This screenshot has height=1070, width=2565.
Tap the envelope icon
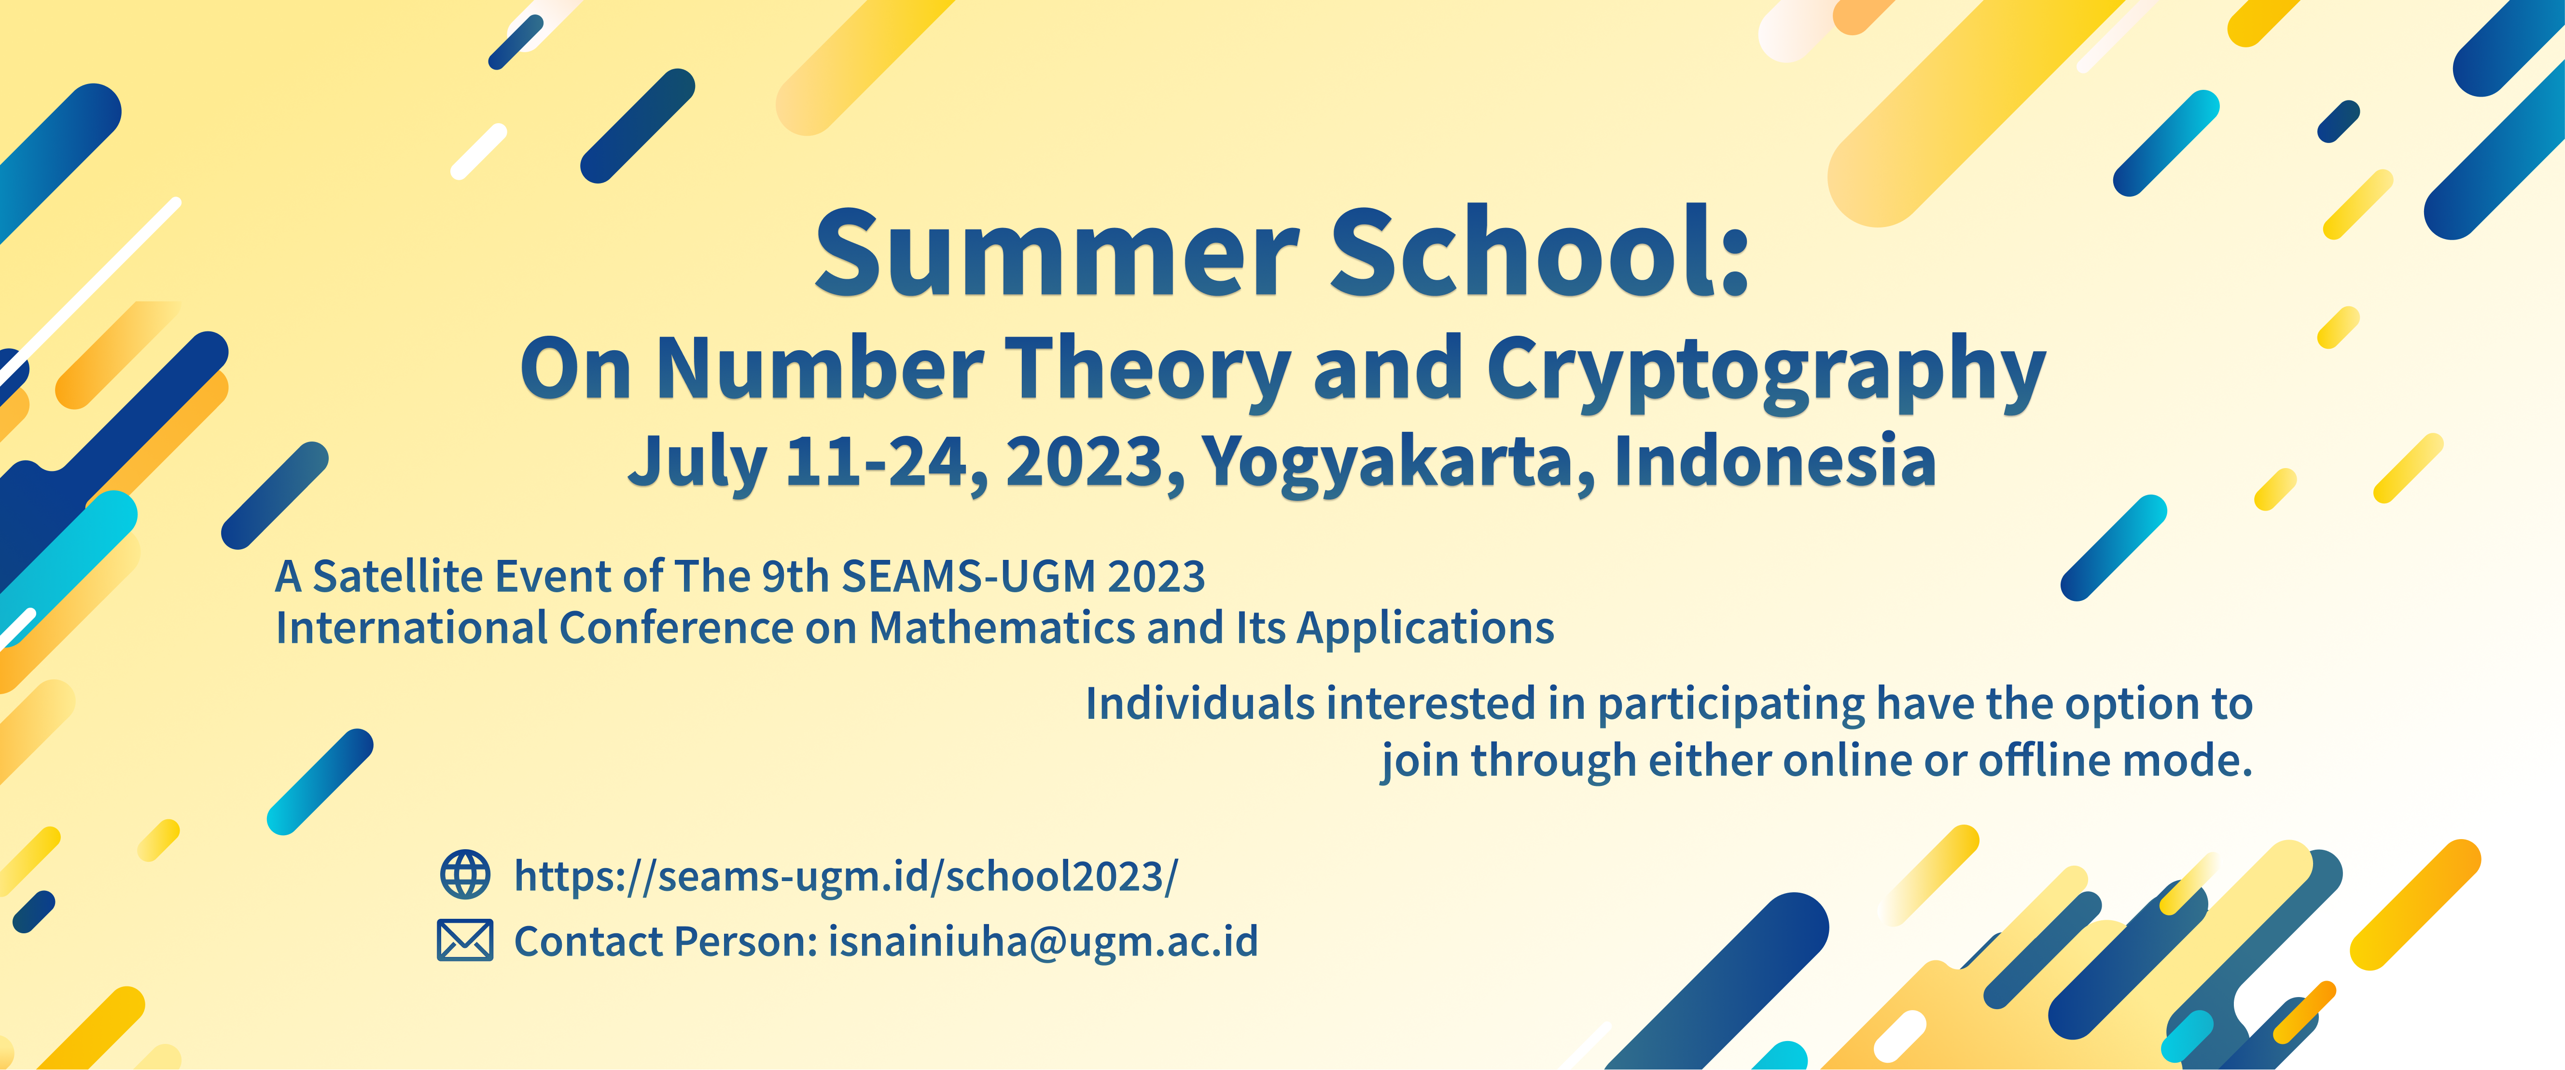(x=465, y=941)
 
